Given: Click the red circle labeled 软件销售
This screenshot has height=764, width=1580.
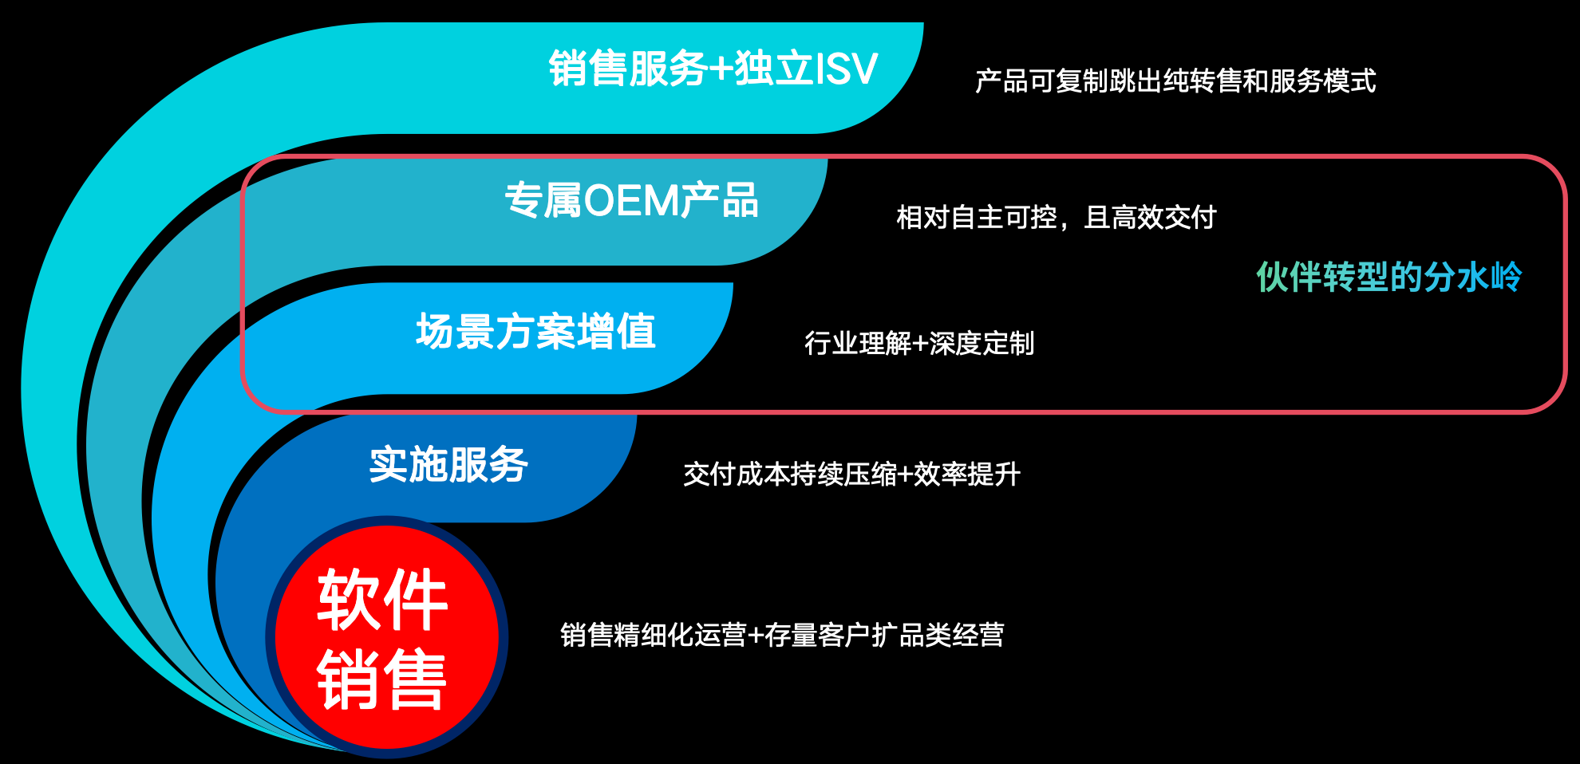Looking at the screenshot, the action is [387, 637].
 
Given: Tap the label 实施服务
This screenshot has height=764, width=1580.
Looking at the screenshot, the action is [448, 464].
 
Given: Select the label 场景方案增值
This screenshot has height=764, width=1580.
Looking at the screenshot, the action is [535, 331].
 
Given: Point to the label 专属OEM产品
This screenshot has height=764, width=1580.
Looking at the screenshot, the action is [631, 200].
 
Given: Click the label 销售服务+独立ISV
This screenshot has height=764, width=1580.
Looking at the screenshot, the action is [713, 68].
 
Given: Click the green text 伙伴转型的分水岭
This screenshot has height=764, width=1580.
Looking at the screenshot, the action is [1389, 277].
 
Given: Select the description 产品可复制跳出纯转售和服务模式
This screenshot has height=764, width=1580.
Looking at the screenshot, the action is [1175, 81].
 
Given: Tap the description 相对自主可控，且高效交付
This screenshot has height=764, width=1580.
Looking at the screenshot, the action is [1057, 217].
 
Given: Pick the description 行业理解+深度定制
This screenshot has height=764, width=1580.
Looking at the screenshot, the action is [919, 343].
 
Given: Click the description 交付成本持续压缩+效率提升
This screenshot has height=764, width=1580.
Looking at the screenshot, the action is [852, 474].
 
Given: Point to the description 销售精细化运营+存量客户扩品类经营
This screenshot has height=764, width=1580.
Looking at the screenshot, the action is [782, 635].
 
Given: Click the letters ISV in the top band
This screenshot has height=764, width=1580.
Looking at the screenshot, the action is [846, 69].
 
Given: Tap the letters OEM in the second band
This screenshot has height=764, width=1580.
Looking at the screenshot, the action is [632, 201].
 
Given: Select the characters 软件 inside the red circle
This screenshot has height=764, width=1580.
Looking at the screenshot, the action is [382, 599].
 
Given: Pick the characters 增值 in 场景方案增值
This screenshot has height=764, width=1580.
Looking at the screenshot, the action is [616, 331].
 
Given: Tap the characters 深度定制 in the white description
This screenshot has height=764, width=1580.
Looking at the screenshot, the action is [982, 343].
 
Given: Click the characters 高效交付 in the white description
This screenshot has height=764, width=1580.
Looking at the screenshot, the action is [1164, 217].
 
